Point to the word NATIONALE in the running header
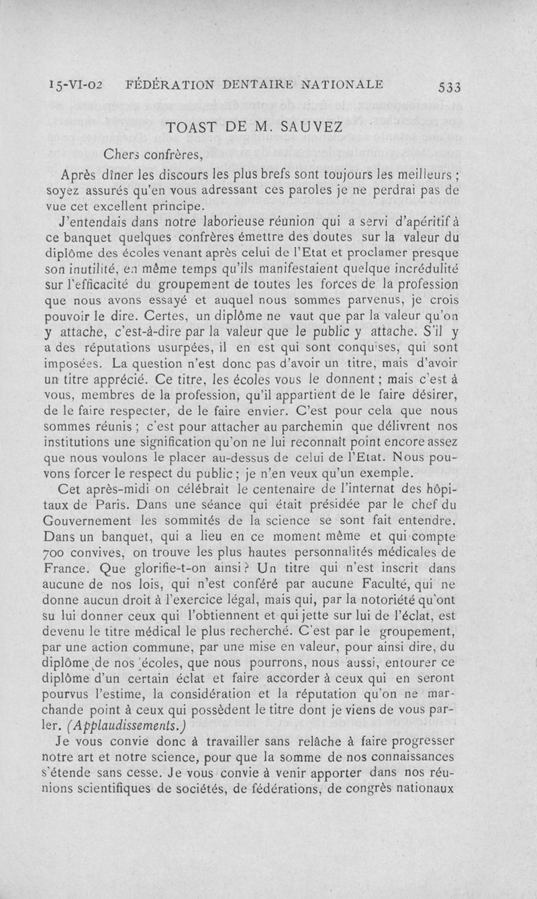tap(342, 85)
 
